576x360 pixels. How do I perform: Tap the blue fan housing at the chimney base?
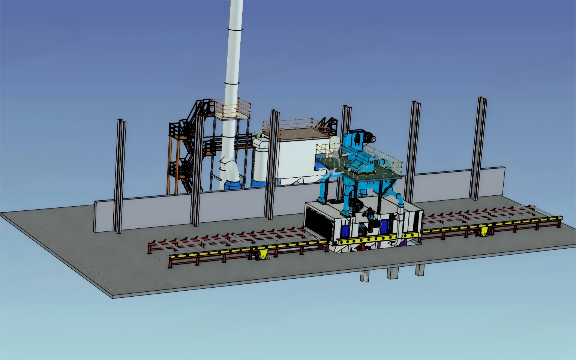[x=231, y=184]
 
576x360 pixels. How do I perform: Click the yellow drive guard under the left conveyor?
[x=262, y=255]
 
